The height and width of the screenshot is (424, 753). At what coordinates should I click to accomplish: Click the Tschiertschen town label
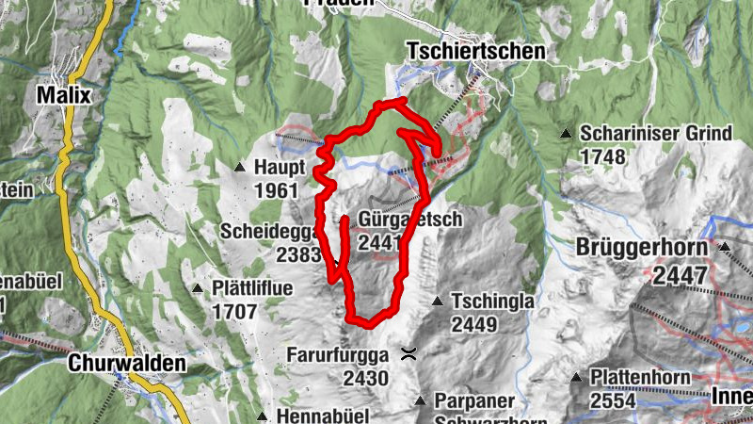pyautogui.click(x=475, y=51)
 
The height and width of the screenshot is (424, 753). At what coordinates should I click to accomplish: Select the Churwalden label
pyautogui.click(x=126, y=362)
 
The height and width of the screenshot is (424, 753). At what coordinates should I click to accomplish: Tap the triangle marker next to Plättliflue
pyautogui.click(x=197, y=287)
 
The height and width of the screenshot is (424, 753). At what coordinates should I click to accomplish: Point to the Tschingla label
pyautogui.click(x=493, y=302)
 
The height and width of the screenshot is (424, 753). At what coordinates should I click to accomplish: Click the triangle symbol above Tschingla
pyautogui.click(x=437, y=302)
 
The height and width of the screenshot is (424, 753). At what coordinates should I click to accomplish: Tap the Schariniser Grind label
pyautogui.click(x=656, y=134)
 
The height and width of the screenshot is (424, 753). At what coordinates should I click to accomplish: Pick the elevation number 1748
pyautogui.click(x=603, y=155)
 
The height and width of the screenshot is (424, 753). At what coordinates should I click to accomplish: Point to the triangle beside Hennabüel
pyautogui.click(x=261, y=415)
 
